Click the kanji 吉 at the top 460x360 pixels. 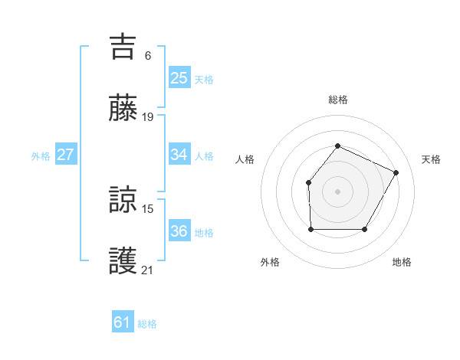click(123, 47)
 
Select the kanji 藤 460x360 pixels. click(123, 108)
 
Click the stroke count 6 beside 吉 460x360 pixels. click(147, 55)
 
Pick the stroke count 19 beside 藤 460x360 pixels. click(149, 117)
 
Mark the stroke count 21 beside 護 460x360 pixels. click(149, 270)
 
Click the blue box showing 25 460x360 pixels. click(179, 77)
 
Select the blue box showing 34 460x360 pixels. click(179, 155)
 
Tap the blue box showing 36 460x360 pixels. click(179, 231)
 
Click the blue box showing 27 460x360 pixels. click(65, 155)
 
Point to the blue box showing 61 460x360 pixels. click(122, 322)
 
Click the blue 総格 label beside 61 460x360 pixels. click(147, 324)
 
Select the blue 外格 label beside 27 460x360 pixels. click(41, 156)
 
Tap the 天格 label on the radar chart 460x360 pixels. click(431, 159)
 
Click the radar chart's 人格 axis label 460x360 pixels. click(245, 159)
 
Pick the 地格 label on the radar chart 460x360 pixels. click(402, 262)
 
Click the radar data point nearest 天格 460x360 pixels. click(396, 172)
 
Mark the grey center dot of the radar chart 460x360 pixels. click(337, 191)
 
